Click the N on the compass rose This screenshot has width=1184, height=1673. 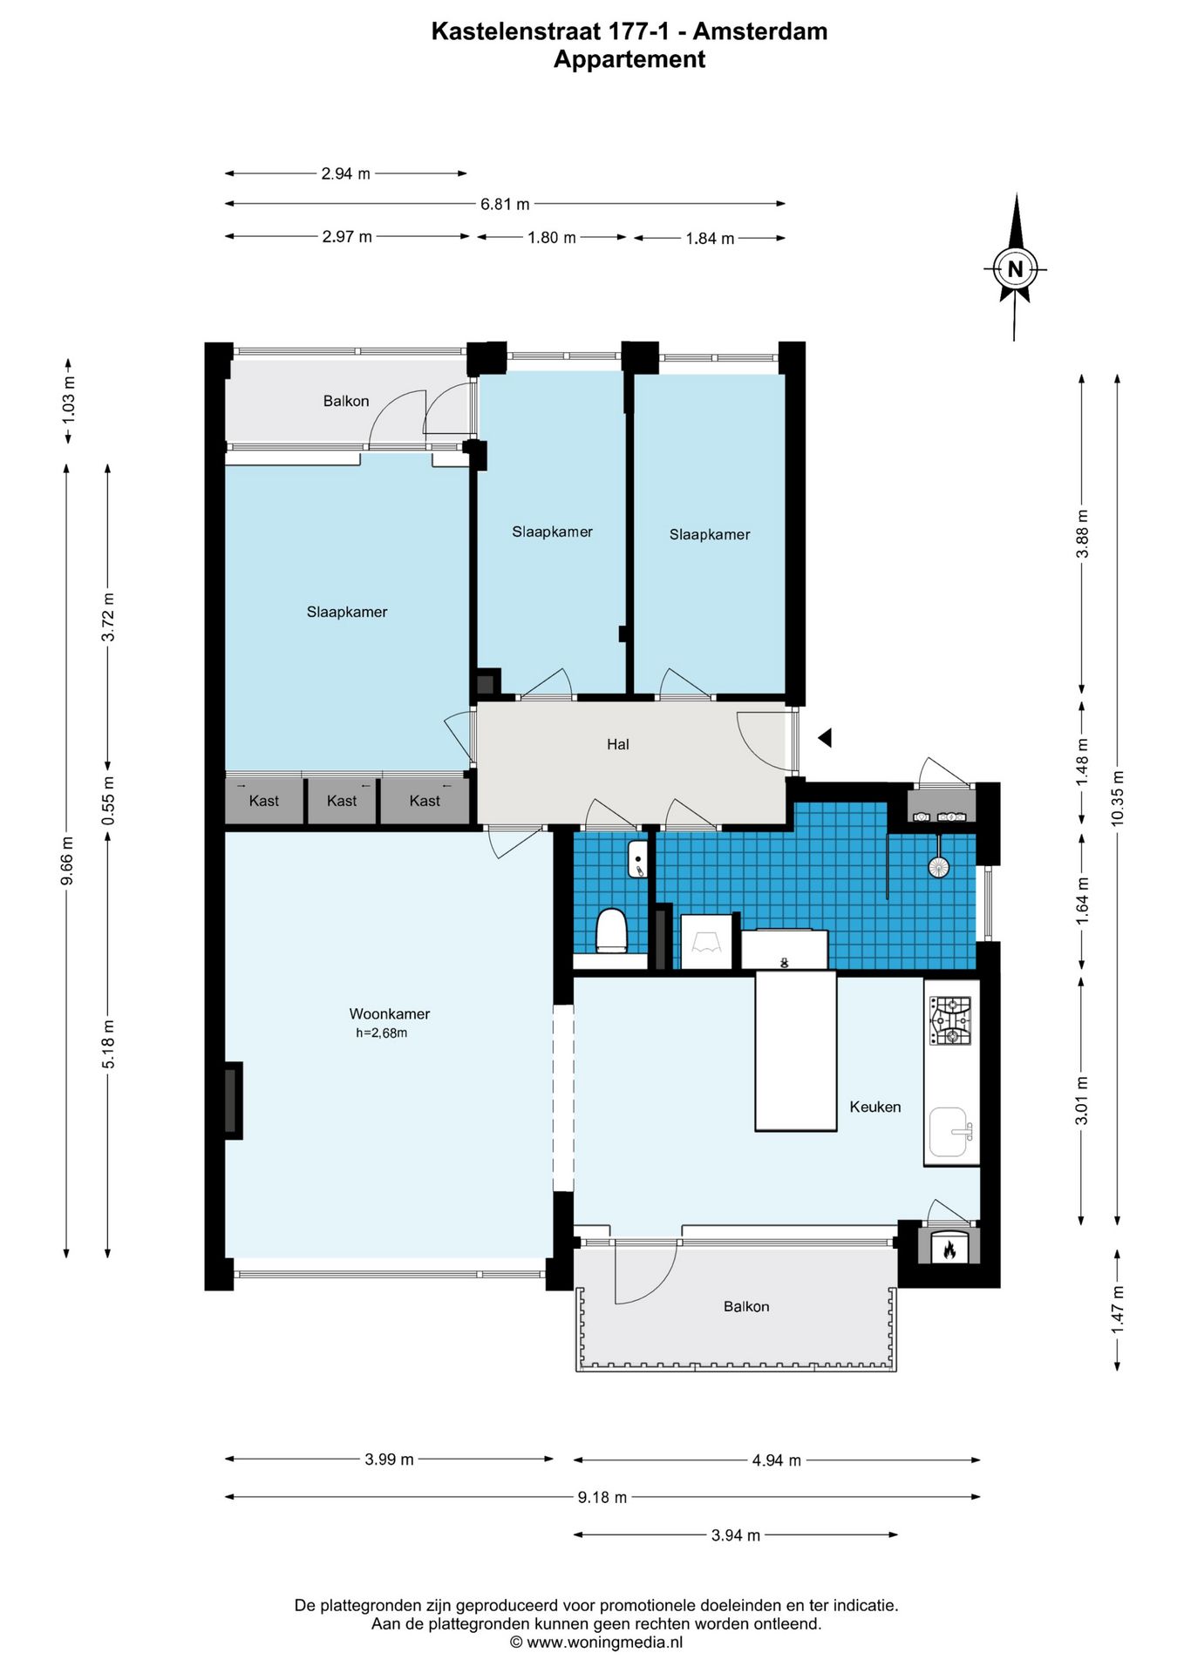1015,269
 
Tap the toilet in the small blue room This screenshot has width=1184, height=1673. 611,931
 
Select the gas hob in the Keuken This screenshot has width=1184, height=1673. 950,1020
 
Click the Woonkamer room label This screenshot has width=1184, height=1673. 389,1013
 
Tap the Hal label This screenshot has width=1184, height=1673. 617,744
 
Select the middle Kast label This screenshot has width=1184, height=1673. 342,801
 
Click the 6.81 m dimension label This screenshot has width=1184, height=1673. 505,204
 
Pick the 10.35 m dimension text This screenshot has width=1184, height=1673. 1118,798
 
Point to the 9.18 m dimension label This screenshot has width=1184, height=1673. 602,1497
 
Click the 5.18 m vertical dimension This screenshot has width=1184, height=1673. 108,1044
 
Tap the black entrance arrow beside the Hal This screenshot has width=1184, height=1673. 825,738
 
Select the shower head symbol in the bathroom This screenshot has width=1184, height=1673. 938,866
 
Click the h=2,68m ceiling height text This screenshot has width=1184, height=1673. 381,1033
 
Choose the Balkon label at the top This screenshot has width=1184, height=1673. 346,401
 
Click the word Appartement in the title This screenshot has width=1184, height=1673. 629,59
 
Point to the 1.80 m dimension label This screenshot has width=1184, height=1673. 551,237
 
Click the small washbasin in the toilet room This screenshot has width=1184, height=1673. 637,859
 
